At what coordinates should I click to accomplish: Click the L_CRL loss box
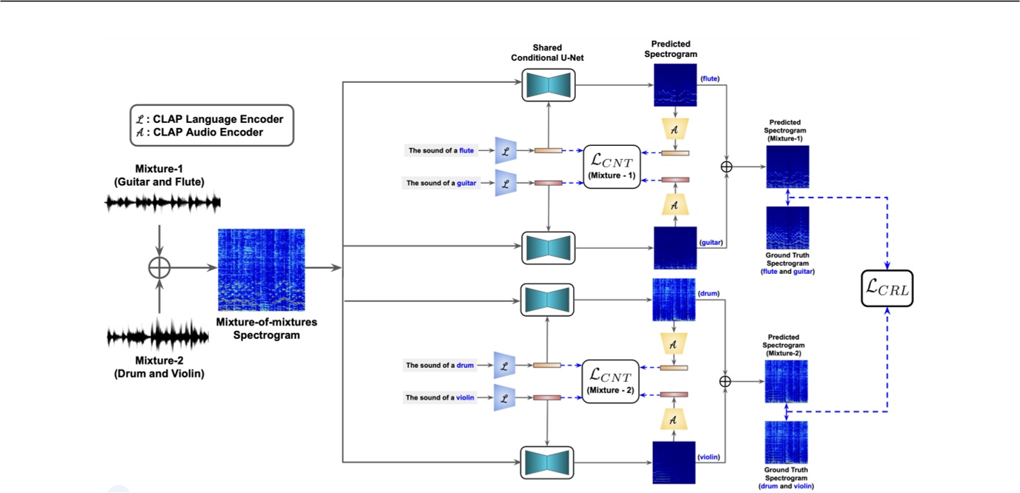point(887,289)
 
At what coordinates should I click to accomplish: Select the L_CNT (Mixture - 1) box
point(612,166)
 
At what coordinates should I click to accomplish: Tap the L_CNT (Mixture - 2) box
point(611,381)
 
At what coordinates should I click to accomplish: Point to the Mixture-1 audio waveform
point(163,202)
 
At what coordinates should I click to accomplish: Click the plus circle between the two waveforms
point(159,269)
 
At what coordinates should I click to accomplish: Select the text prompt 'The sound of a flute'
point(441,151)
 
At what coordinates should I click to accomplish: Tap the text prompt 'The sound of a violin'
point(440,398)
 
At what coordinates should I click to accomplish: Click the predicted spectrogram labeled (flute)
point(675,85)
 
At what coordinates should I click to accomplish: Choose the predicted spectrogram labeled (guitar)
point(675,247)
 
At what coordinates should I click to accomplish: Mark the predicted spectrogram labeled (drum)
point(674,300)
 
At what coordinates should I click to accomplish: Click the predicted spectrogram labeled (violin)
point(674,463)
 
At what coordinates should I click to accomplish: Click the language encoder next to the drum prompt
point(505,365)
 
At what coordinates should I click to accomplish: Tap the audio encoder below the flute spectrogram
point(675,128)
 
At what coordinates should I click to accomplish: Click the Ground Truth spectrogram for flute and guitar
point(786,228)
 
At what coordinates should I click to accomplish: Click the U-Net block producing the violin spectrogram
point(548,461)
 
